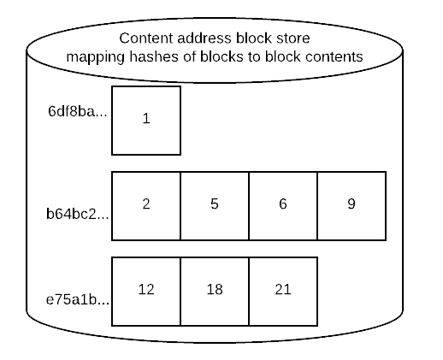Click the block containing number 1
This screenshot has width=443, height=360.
click(x=146, y=121)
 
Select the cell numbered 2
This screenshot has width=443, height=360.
click(x=146, y=206)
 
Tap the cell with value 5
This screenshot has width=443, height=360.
click(x=215, y=206)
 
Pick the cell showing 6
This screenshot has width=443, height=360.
click(x=283, y=206)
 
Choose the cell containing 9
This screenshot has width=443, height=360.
click(x=351, y=206)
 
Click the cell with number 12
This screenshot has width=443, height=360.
click(x=146, y=292)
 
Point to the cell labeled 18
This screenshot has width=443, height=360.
click(x=215, y=292)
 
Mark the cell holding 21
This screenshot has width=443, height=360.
click(x=283, y=292)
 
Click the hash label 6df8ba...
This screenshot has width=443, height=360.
click(x=78, y=111)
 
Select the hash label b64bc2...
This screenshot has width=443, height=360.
click(x=78, y=214)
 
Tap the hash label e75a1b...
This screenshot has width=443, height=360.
click(x=78, y=299)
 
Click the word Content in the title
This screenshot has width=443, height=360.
click(x=146, y=38)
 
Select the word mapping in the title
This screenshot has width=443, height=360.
click(x=95, y=57)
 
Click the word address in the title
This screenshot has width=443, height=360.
click(x=204, y=38)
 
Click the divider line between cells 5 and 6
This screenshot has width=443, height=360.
click(x=249, y=206)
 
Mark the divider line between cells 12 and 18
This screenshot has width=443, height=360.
click(x=180, y=292)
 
